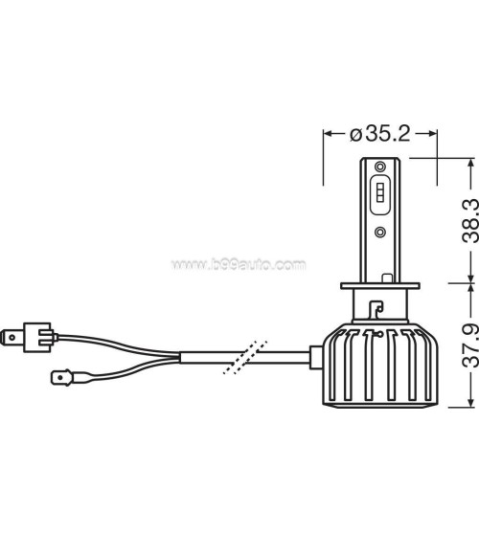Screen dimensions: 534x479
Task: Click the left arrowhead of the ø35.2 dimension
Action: click(x=327, y=134)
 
